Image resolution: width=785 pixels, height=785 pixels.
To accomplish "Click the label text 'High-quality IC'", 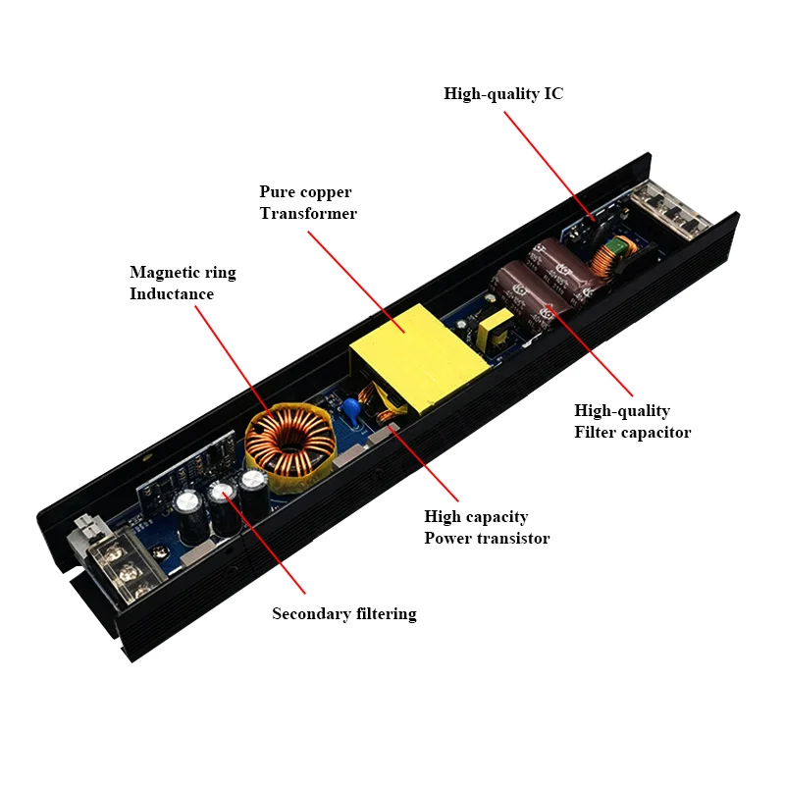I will (x=503, y=94).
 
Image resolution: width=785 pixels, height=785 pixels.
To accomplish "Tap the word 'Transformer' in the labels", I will (x=308, y=213).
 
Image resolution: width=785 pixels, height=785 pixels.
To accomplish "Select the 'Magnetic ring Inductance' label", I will (x=183, y=283).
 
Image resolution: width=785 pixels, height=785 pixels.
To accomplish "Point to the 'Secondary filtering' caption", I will (x=344, y=614).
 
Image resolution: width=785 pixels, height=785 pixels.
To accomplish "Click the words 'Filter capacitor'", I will (x=633, y=432).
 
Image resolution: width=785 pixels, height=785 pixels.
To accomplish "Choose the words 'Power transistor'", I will (x=487, y=538).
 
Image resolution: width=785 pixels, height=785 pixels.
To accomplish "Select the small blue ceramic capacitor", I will (x=350, y=409).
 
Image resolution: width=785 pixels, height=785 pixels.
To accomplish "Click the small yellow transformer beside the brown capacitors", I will (x=499, y=331).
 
